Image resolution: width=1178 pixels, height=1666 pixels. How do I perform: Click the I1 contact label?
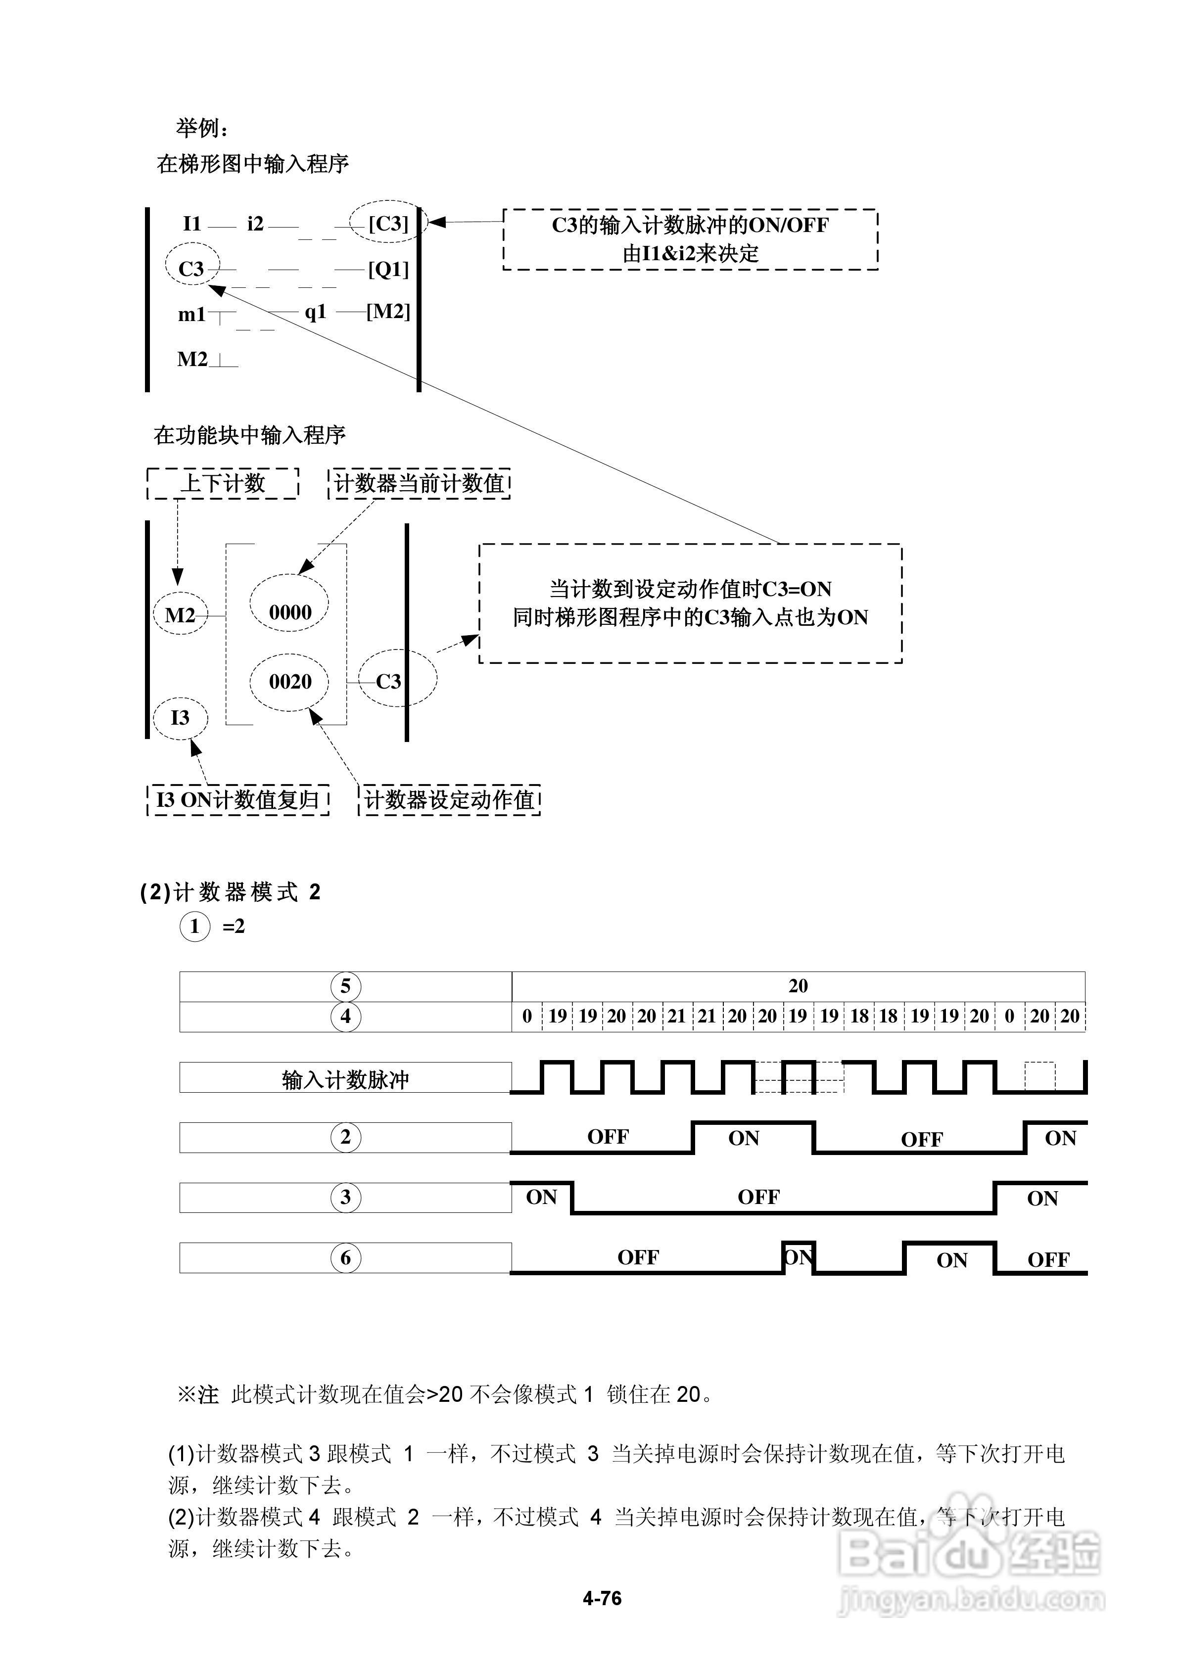click(191, 224)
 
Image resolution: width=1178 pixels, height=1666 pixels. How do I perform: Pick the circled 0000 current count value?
click(289, 612)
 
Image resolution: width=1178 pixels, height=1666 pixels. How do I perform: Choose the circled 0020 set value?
click(289, 681)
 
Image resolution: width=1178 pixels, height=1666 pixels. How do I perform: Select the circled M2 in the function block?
click(180, 615)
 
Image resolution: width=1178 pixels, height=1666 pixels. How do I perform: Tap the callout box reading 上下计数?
click(223, 483)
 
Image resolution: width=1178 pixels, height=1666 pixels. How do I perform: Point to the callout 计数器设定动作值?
click(449, 800)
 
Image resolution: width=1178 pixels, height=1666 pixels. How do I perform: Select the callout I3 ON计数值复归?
click(238, 800)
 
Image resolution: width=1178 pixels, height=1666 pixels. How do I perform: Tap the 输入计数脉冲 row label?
click(345, 1080)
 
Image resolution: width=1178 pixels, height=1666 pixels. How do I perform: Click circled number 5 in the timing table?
click(345, 986)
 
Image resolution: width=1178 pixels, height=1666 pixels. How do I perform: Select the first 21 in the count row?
click(676, 1016)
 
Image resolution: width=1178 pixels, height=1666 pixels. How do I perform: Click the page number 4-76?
click(602, 1598)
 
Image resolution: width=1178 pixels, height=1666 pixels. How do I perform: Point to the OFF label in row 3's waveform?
click(758, 1197)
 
